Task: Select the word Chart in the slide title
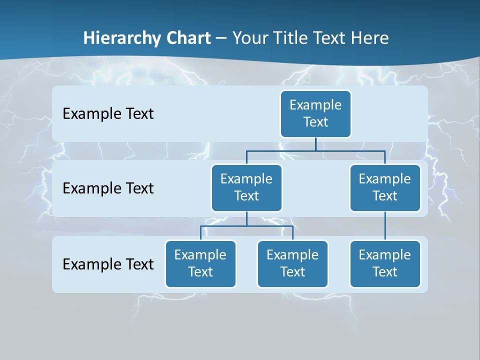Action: coord(189,38)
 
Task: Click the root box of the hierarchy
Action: coord(315,114)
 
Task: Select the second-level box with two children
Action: coord(246,188)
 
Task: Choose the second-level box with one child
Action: coord(385,188)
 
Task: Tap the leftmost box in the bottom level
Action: coord(200,264)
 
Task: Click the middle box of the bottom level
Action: coord(292,264)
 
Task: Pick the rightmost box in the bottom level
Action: coord(385,264)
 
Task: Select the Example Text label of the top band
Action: coord(108,114)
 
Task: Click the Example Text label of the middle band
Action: coord(108,188)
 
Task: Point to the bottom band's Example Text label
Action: coord(108,264)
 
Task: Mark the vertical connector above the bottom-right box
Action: coord(385,226)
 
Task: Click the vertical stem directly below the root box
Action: coord(315,144)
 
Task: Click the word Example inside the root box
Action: coord(315,105)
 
